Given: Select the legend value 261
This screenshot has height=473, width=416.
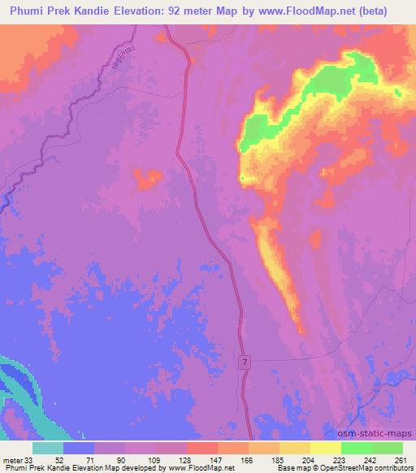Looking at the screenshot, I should point(398,459).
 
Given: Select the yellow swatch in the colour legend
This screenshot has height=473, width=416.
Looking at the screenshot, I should point(326,448).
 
